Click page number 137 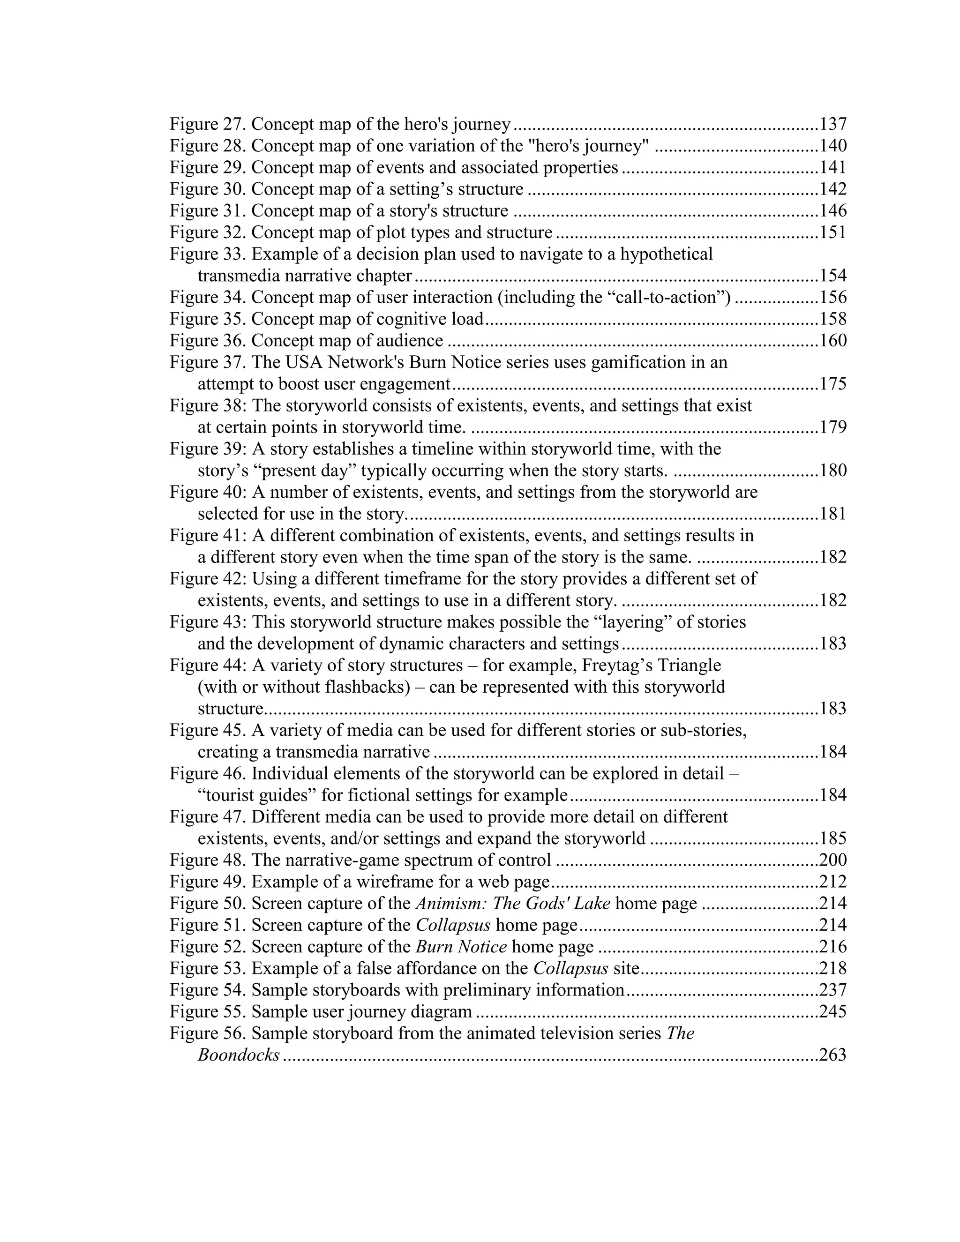coord(832,124)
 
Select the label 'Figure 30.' coord(208,189)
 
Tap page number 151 coord(832,232)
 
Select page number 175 coord(832,384)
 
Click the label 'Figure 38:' coord(208,405)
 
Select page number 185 coord(832,838)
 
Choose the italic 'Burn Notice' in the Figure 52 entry coord(461,946)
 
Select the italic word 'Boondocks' coord(239,1055)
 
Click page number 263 coord(832,1055)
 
